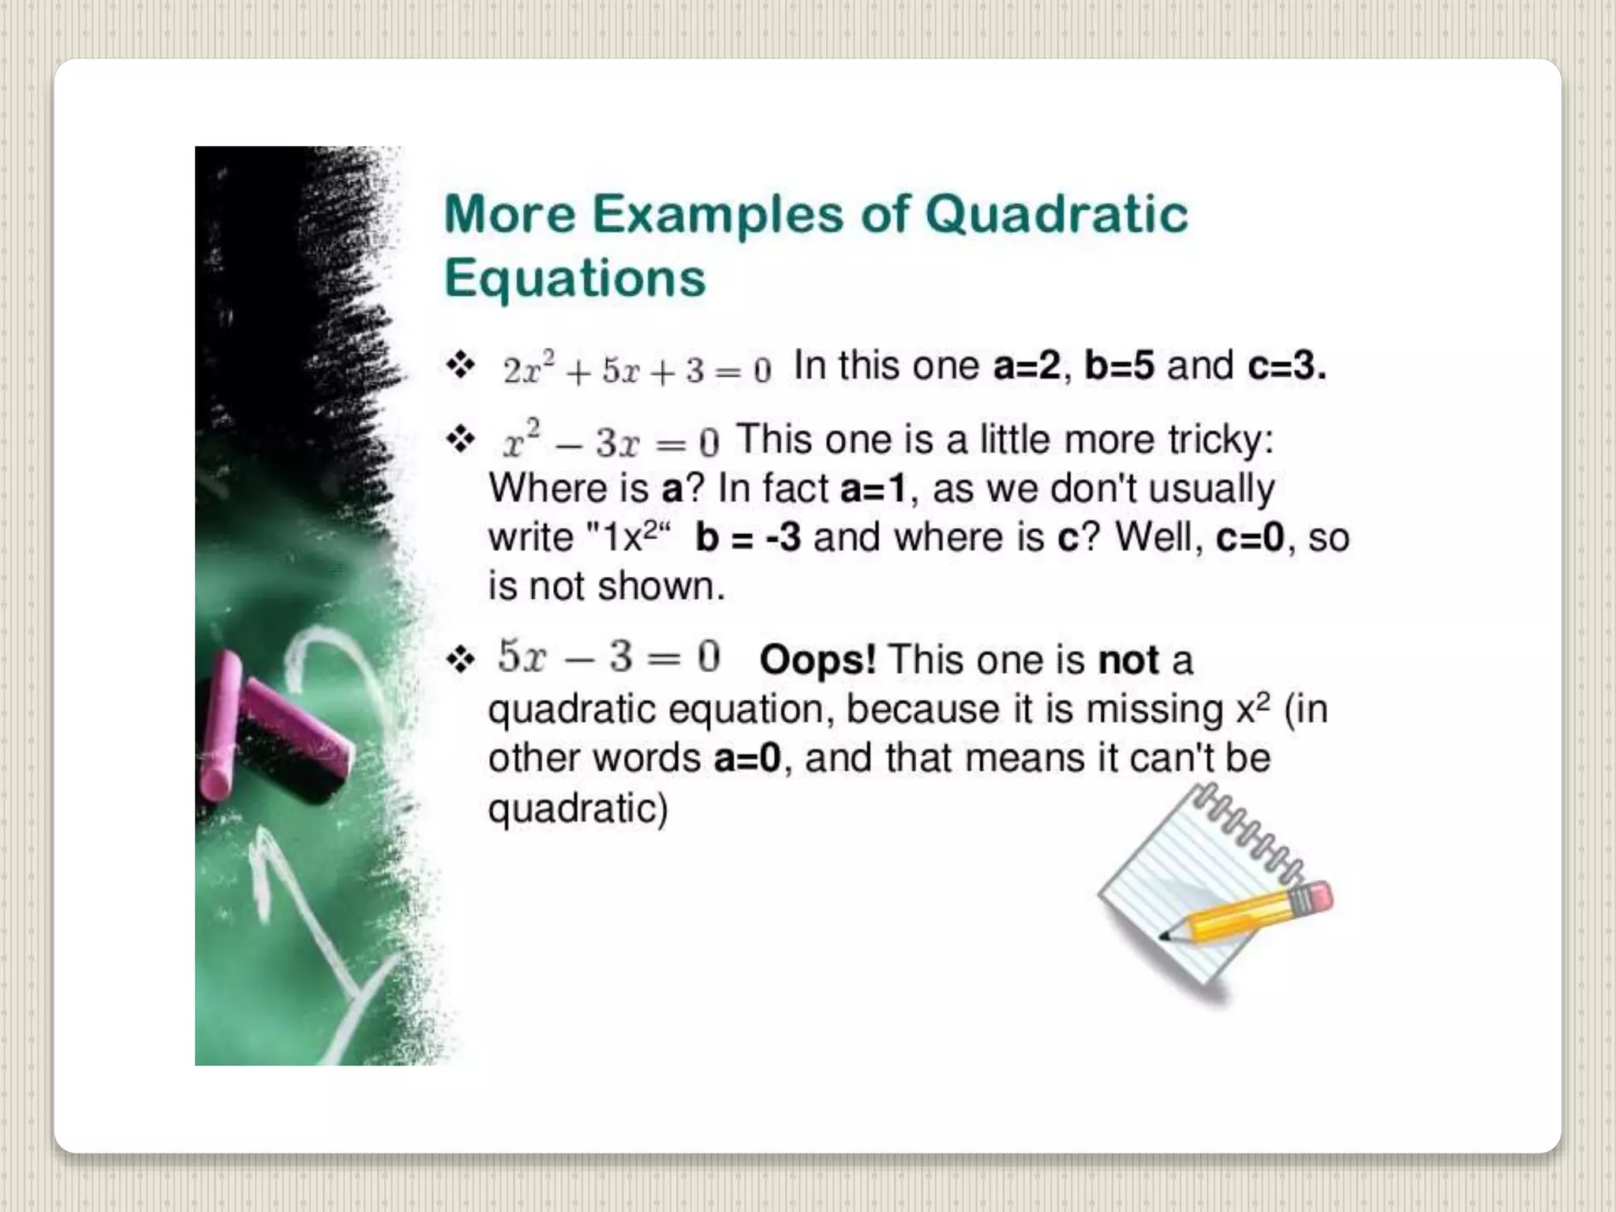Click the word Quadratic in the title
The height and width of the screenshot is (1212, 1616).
click(1056, 215)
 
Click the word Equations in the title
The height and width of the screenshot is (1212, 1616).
click(574, 279)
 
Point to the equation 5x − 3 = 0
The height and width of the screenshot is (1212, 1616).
click(608, 656)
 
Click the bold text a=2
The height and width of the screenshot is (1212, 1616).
click(1027, 366)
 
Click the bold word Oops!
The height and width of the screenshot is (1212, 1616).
click(817, 660)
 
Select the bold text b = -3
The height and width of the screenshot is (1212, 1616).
click(748, 538)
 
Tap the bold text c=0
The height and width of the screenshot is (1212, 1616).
click(1250, 538)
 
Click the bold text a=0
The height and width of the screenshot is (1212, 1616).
click(746, 758)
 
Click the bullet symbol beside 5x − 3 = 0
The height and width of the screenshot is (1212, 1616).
click(461, 659)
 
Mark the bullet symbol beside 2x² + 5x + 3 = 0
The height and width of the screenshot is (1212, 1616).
click(461, 365)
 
